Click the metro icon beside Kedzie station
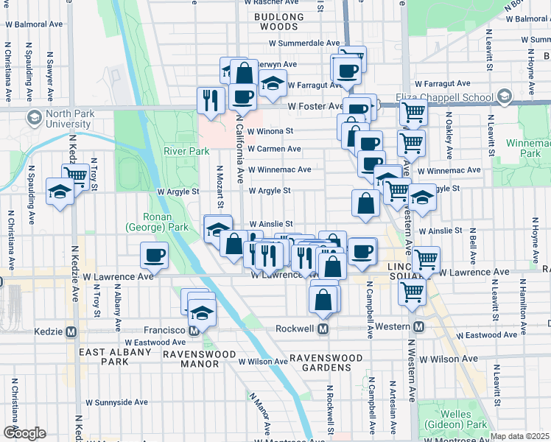coord(71,331)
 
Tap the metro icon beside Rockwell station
coord(323,329)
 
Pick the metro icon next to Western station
coord(418,326)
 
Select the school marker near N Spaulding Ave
coord(60,192)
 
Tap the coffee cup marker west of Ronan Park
coord(155,255)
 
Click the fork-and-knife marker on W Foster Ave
coord(211,99)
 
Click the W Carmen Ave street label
coord(274,149)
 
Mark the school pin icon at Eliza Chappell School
coord(504,97)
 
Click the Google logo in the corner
coord(24,433)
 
